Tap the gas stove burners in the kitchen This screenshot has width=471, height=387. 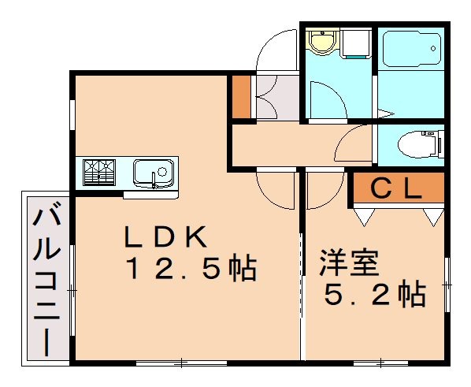[x=98, y=173]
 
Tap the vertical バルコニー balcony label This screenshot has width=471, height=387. [x=46, y=276]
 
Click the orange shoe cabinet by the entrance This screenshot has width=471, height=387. [x=240, y=96]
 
